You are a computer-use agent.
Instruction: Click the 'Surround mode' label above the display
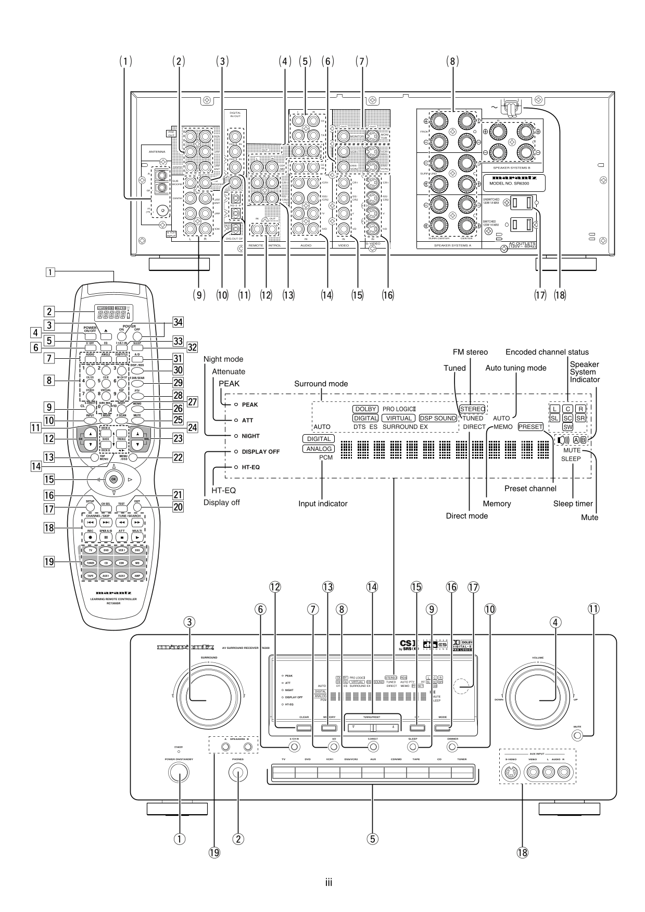tap(321, 384)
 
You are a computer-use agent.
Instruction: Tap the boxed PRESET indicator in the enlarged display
tap(530, 426)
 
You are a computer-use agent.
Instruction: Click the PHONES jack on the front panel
tap(238, 773)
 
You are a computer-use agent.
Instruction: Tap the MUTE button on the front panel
tap(577, 735)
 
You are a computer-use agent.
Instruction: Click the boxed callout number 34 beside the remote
tap(178, 322)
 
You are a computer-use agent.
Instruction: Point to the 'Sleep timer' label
tap(573, 503)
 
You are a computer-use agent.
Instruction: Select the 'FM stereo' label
tap(470, 352)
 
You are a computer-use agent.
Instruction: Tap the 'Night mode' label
tap(223, 359)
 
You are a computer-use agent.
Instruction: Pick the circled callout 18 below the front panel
tap(522, 852)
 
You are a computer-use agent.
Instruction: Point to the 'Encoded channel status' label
tap(547, 352)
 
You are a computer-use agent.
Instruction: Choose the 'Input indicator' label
tap(323, 503)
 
